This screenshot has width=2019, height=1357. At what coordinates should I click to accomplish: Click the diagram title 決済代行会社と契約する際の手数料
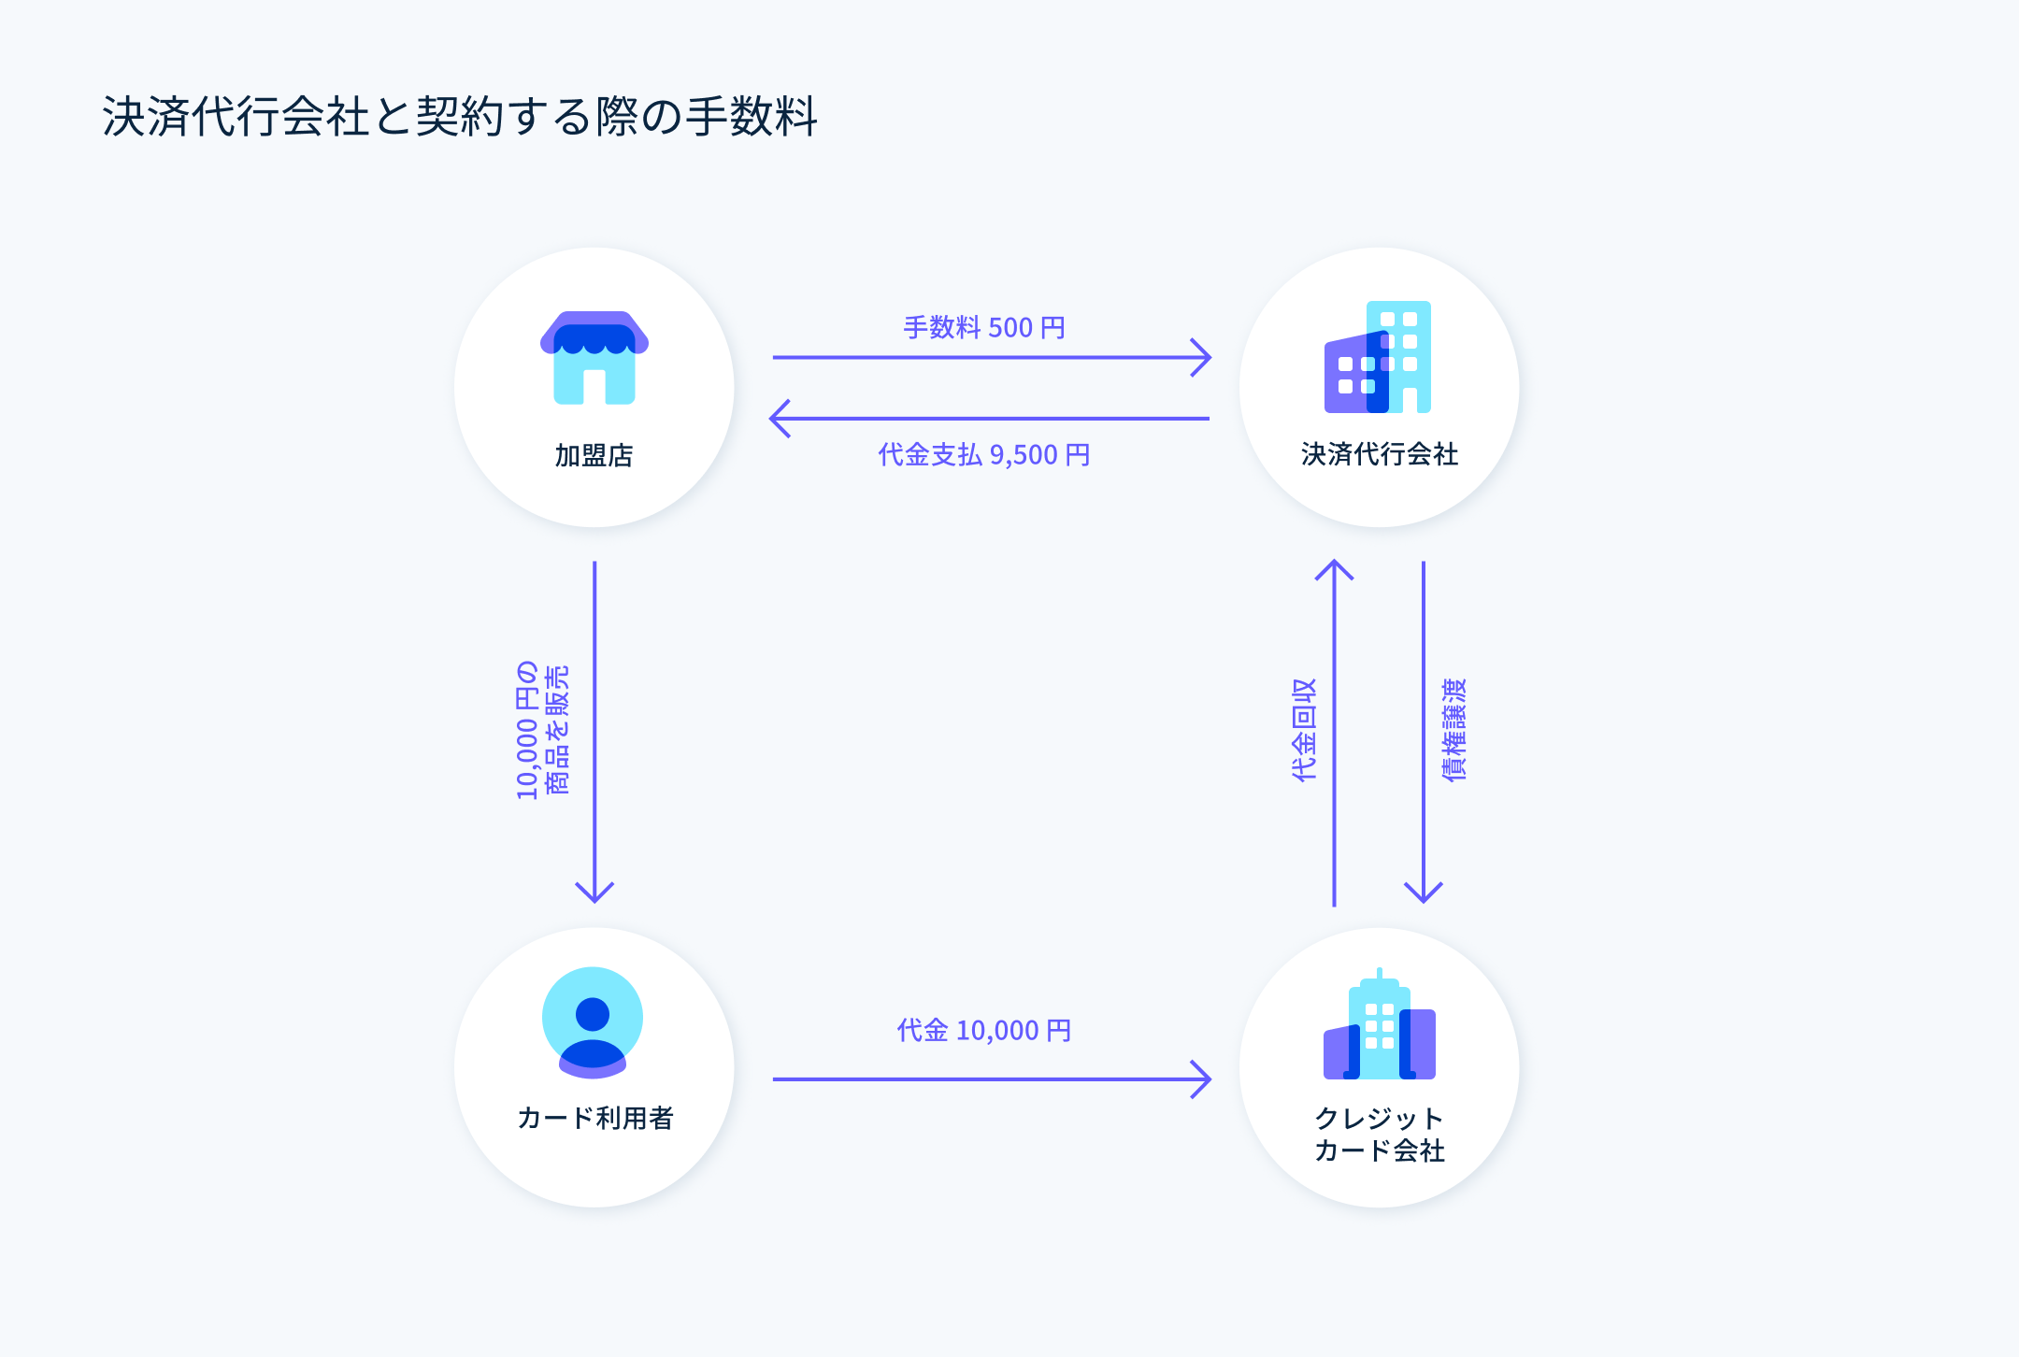[460, 117]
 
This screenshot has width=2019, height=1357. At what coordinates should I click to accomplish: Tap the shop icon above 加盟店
[594, 358]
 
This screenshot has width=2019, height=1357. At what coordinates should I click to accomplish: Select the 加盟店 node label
[594, 455]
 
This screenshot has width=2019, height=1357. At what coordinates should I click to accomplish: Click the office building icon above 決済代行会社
[1378, 357]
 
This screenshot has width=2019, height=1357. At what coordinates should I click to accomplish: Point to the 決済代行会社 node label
[1380, 454]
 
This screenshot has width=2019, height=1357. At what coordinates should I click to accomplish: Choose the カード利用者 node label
[595, 1118]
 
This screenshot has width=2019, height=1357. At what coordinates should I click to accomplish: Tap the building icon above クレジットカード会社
[1380, 1026]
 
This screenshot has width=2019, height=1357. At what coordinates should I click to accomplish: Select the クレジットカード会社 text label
[1380, 1135]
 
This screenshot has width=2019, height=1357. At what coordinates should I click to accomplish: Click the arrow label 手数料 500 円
[984, 328]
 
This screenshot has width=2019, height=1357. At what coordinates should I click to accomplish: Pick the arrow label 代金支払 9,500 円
[984, 455]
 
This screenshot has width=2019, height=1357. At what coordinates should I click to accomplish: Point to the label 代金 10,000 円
[984, 1031]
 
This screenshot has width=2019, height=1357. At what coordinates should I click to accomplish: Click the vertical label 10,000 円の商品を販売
[542, 730]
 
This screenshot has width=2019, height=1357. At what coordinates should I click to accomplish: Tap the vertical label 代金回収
[1304, 730]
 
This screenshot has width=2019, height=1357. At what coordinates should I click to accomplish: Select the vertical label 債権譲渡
[1454, 730]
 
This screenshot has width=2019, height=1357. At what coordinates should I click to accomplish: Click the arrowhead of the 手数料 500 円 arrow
[1204, 357]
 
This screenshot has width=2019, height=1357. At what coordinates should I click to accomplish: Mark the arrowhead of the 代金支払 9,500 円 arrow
[778, 419]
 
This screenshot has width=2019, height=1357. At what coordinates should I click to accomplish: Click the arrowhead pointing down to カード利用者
[594, 894]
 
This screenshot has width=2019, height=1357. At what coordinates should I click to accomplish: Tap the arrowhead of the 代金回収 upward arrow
[1334, 568]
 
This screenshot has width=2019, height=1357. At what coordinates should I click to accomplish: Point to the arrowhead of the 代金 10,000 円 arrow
[1204, 1079]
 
